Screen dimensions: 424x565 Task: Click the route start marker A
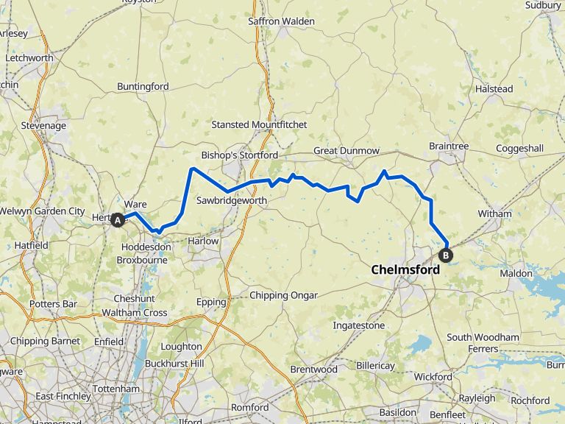click(x=117, y=219)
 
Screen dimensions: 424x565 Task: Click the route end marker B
click(x=446, y=255)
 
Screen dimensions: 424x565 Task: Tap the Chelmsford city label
click(x=405, y=270)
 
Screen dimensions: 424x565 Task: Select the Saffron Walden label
click(x=282, y=21)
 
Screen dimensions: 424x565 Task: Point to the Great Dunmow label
click(x=347, y=151)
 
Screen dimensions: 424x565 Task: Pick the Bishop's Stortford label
click(x=240, y=156)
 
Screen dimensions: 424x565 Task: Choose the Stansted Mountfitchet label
click(x=259, y=125)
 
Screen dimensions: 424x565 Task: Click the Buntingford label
click(x=143, y=87)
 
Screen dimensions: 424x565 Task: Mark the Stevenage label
click(x=43, y=126)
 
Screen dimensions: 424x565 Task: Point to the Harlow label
click(x=203, y=241)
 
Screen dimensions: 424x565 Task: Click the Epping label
click(x=211, y=302)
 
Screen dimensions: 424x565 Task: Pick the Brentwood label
click(x=313, y=370)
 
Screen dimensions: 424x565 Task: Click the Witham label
click(x=494, y=214)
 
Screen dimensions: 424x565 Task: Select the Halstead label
click(x=494, y=89)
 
